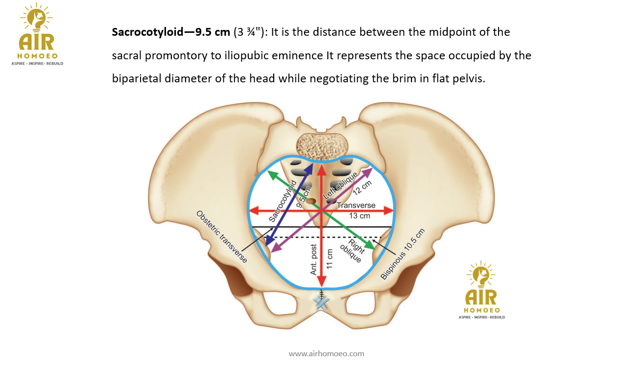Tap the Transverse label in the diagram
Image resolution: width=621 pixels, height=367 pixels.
click(356, 205)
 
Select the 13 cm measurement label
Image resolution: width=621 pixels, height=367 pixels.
click(359, 216)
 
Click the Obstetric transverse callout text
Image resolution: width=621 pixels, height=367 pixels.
click(221, 237)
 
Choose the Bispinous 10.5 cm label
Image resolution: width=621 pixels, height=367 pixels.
click(403, 254)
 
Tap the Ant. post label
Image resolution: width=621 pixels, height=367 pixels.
click(313, 260)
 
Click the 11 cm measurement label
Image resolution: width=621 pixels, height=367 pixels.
click(330, 259)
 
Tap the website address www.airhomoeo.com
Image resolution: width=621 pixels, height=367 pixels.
click(326, 353)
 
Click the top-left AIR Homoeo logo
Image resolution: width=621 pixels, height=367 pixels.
click(37, 35)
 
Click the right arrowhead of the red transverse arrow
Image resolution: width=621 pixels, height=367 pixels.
click(390, 211)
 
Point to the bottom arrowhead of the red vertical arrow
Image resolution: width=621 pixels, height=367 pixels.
click(321, 282)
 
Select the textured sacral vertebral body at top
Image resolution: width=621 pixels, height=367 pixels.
click(322, 146)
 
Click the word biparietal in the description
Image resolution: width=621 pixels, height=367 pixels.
click(137, 78)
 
